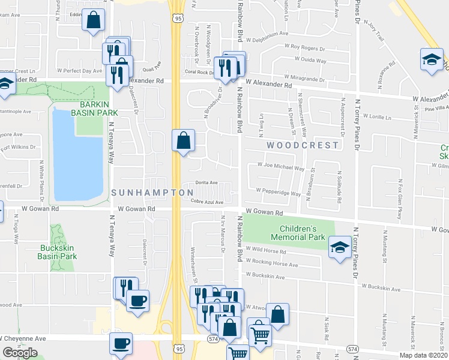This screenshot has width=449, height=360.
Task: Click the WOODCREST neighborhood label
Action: (295, 145)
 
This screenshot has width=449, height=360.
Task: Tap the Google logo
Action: (20, 353)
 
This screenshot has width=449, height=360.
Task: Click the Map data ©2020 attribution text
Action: (424, 355)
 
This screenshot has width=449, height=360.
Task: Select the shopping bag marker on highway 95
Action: (183, 141)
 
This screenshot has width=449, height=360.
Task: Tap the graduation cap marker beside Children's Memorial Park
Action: (339, 246)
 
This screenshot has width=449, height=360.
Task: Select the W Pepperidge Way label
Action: (279, 193)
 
